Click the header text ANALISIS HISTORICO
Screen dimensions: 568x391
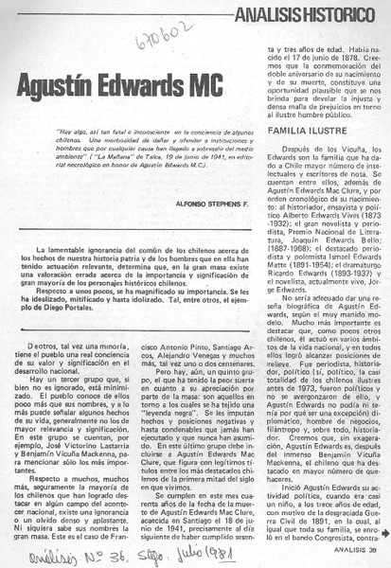[318, 12]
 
